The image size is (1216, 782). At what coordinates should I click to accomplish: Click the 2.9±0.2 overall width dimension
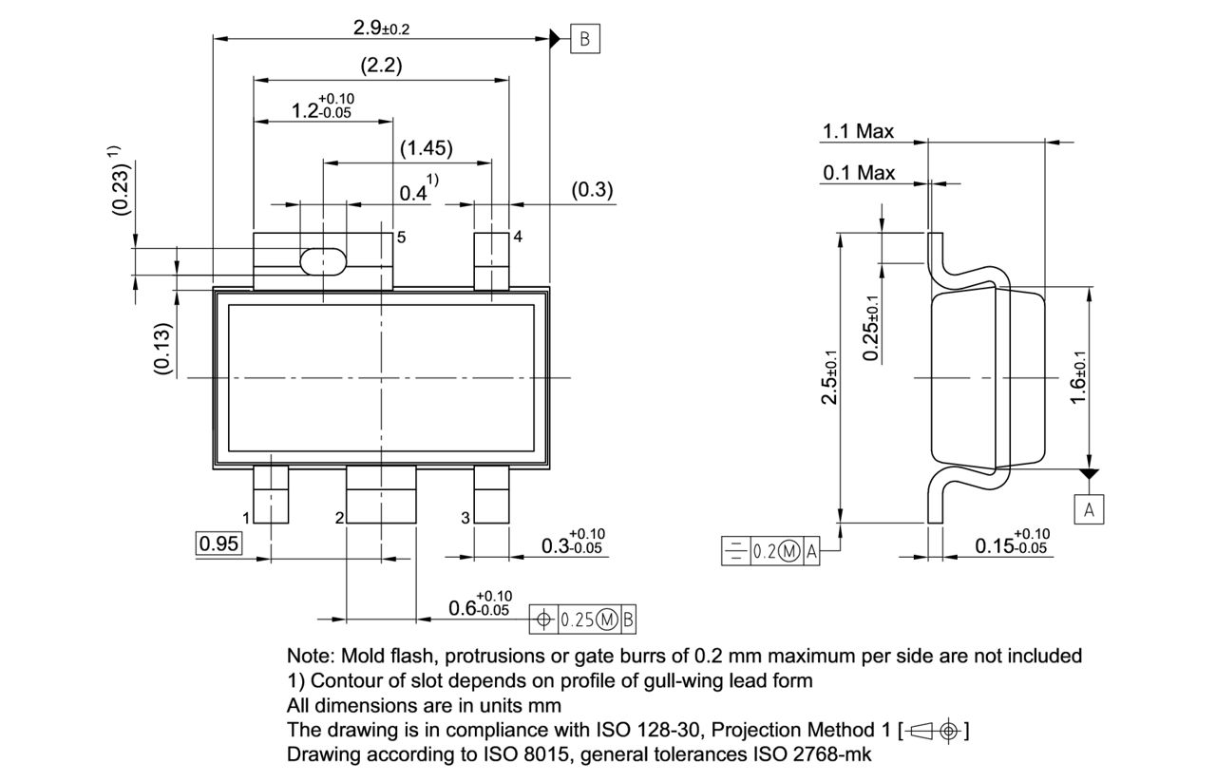[381, 28]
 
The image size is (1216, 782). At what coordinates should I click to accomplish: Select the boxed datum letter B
[585, 39]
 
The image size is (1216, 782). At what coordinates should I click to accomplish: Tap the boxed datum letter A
[1090, 510]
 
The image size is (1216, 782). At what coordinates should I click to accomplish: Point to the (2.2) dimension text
[381, 67]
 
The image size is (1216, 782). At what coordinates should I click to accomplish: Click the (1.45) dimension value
[426, 148]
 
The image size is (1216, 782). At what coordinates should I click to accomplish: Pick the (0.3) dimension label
[592, 190]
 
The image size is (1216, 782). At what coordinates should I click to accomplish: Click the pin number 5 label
[401, 238]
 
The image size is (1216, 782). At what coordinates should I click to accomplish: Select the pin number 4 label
[518, 237]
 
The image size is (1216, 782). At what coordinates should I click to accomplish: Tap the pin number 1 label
[246, 518]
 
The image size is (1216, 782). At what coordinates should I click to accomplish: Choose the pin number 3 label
[465, 518]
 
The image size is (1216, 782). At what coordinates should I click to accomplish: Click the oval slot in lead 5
[323, 261]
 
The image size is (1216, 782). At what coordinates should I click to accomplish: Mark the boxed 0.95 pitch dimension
[219, 544]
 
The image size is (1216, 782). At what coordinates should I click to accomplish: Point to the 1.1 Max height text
[858, 132]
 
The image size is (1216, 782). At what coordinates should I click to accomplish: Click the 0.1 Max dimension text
[859, 173]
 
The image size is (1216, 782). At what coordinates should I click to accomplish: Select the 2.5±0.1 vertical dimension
[829, 377]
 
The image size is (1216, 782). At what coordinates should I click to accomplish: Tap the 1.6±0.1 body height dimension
[1078, 377]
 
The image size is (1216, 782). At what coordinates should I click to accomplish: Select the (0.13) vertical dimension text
[163, 349]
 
